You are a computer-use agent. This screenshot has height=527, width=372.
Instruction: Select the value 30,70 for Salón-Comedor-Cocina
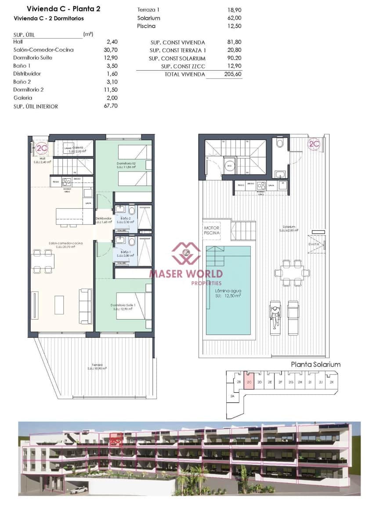[112, 50]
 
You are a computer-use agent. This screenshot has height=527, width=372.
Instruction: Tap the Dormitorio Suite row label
[33, 58]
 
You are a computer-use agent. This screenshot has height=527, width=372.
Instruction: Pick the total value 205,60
[232, 75]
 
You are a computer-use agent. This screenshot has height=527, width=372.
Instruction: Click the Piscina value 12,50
[232, 26]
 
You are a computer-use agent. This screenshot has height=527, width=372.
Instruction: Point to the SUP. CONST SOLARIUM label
[177, 58]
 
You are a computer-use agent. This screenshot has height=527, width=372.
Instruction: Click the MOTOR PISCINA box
[211, 231]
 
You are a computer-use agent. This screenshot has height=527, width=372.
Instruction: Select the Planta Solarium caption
[316, 365]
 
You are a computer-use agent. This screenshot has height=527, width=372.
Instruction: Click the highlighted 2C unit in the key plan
[249, 382]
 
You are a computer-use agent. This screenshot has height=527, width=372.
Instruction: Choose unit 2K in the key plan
[332, 382]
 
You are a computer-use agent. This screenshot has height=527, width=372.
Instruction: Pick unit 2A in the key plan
[232, 396]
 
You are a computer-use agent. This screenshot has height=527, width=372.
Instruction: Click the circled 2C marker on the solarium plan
[314, 144]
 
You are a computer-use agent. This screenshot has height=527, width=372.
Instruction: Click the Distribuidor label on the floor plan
[103, 218]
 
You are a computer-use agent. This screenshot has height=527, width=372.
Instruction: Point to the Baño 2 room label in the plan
[126, 218]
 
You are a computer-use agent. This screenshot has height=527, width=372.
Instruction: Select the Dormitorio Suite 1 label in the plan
[123, 305]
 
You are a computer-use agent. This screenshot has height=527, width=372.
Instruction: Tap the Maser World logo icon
[186, 253]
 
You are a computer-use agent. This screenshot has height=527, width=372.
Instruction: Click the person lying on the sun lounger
[275, 317]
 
